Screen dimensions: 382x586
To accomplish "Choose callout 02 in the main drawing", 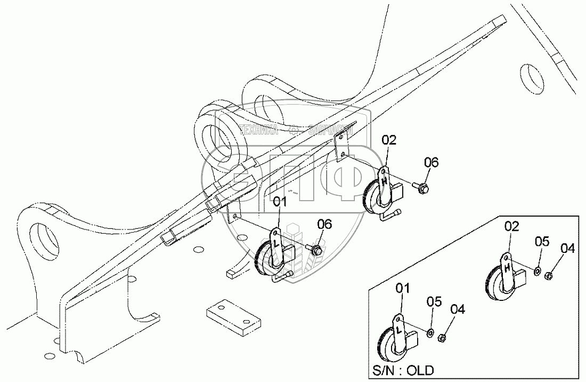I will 389,140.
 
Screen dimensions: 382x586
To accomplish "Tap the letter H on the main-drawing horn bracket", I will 385,181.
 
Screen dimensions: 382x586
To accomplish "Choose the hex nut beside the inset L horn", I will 441,338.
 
